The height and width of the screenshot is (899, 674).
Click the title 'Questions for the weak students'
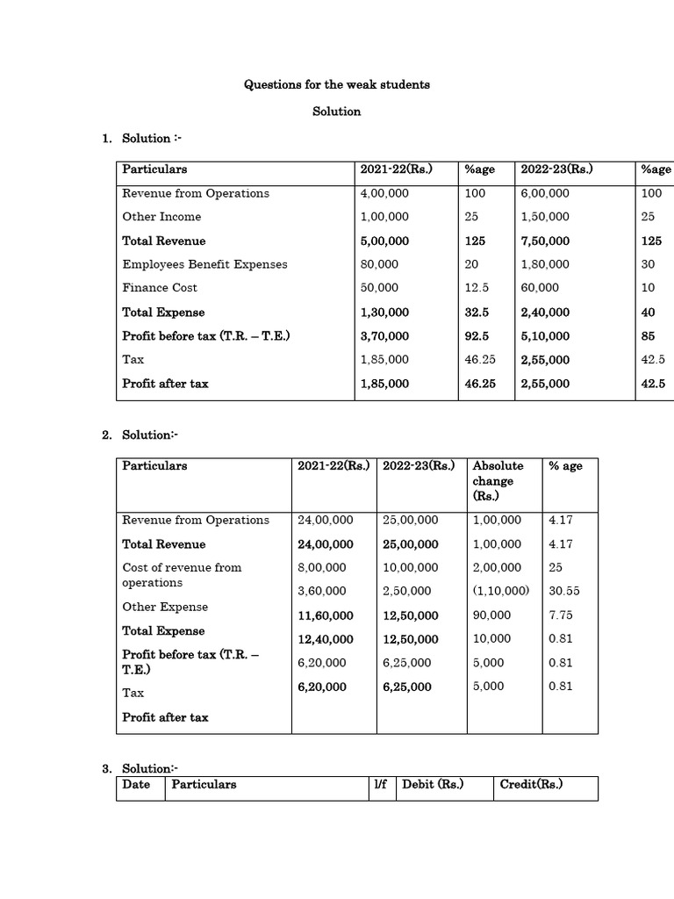pyautogui.click(x=336, y=85)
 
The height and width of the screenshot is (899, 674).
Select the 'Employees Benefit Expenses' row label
pyautogui.click(x=204, y=264)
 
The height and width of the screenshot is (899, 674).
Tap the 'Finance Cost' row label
pyautogui.click(x=160, y=288)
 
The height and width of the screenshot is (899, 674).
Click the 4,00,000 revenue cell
pyautogui.click(x=384, y=193)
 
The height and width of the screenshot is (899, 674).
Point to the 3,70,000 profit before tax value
pyautogui.click(x=384, y=336)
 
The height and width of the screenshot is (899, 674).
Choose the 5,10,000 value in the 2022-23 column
pyautogui.click(x=545, y=336)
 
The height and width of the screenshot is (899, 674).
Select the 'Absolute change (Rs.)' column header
pyautogui.click(x=498, y=481)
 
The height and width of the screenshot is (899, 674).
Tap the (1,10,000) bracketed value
pyautogui.click(x=500, y=592)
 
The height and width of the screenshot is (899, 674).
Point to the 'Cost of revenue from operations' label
pyautogui.click(x=182, y=575)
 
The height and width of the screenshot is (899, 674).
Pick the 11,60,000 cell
pyautogui.click(x=326, y=615)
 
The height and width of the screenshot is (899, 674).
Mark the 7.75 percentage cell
pyautogui.click(x=561, y=615)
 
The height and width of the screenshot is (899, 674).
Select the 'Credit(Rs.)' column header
pyautogui.click(x=531, y=785)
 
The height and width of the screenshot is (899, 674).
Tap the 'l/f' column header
pyautogui.click(x=380, y=785)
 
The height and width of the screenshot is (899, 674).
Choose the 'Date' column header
pyautogui.click(x=136, y=785)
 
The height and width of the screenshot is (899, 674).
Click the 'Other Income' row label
pyautogui.click(x=161, y=217)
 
